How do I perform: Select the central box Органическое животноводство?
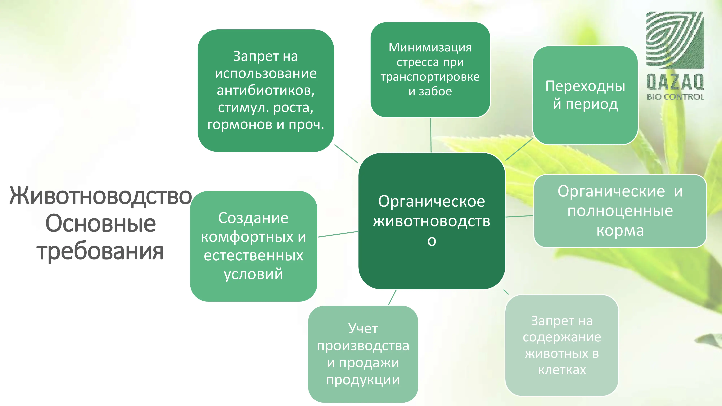pyautogui.click(x=432, y=221)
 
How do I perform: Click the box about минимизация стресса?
pyautogui.click(x=430, y=70)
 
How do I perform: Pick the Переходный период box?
pyautogui.click(x=585, y=95)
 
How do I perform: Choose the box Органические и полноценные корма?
pyautogui.click(x=620, y=211)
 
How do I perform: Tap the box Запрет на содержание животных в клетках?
pyautogui.click(x=562, y=345)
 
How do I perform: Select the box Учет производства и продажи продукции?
pyautogui.click(x=363, y=354)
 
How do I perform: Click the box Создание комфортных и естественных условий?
pyautogui.click(x=254, y=246)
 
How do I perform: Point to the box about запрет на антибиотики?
pyautogui.click(x=266, y=91)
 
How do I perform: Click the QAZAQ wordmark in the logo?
pyautogui.click(x=675, y=82)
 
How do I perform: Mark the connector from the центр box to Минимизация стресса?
pyautogui.click(x=431, y=135)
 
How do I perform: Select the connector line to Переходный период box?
pyautogui.click(x=519, y=149)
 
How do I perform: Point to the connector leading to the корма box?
pyautogui.click(x=519, y=216)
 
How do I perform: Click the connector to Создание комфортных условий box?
pyautogui.click(x=338, y=234)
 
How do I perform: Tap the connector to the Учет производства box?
pyautogui.click(x=392, y=297)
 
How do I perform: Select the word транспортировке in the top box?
pyautogui.click(x=430, y=77)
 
